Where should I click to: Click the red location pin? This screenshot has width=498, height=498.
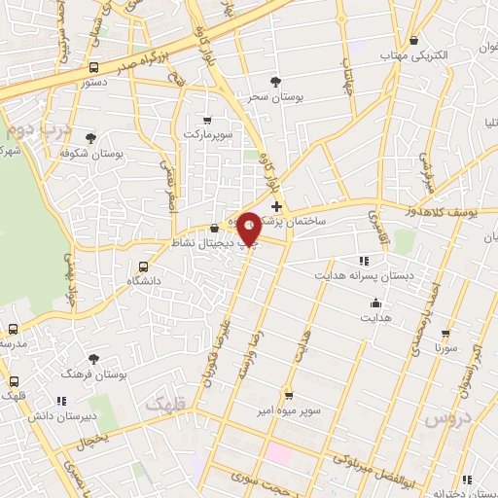tap(249, 228)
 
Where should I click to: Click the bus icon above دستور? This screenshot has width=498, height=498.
tap(93, 67)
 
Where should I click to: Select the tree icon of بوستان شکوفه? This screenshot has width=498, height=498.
tap(90, 138)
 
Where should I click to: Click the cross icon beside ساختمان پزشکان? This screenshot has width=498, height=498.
tap(277, 206)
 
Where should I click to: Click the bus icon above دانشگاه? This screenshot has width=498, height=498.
tap(144, 266)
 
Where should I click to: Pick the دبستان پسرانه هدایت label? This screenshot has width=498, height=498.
tap(363, 275)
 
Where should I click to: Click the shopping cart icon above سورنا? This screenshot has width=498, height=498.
tap(446, 332)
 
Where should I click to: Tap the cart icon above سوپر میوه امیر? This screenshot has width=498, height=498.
tap(288, 395)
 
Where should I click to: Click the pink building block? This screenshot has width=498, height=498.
tap(279, 453)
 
